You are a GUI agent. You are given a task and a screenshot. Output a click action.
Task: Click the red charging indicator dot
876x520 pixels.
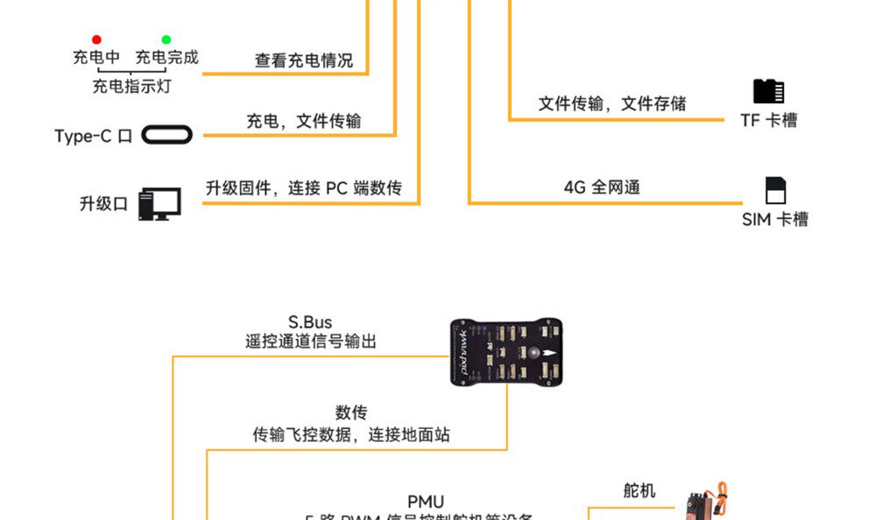click(96, 39)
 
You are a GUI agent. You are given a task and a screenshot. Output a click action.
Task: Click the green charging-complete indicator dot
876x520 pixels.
click(166, 39)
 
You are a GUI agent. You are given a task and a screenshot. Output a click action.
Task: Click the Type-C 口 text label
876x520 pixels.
click(93, 137)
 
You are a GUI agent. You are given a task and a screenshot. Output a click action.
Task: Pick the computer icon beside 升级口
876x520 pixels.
click(159, 204)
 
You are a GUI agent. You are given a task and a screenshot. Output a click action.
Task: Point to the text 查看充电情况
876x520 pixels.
click(304, 60)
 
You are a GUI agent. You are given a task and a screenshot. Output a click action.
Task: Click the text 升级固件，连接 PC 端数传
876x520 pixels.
click(304, 188)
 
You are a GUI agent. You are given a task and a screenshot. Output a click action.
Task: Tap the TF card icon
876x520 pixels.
click(768, 91)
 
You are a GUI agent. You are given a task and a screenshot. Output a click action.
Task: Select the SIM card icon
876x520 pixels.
click(775, 191)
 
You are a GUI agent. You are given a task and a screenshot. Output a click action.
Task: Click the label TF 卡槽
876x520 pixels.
click(769, 121)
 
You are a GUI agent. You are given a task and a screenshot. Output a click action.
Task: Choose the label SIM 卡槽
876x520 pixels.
click(775, 220)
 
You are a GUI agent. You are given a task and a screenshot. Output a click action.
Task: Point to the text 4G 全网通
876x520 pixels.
click(602, 187)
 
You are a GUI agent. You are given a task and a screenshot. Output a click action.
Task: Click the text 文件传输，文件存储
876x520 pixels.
click(612, 104)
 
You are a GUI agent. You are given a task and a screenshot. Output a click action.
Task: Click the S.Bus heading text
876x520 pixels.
click(310, 322)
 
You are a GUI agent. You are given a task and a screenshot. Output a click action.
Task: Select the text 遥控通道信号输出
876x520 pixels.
click(311, 341)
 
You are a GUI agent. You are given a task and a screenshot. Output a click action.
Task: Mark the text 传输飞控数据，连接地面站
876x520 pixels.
click(351, 434)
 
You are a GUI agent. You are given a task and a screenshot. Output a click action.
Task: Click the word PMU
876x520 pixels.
click(426, 502)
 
